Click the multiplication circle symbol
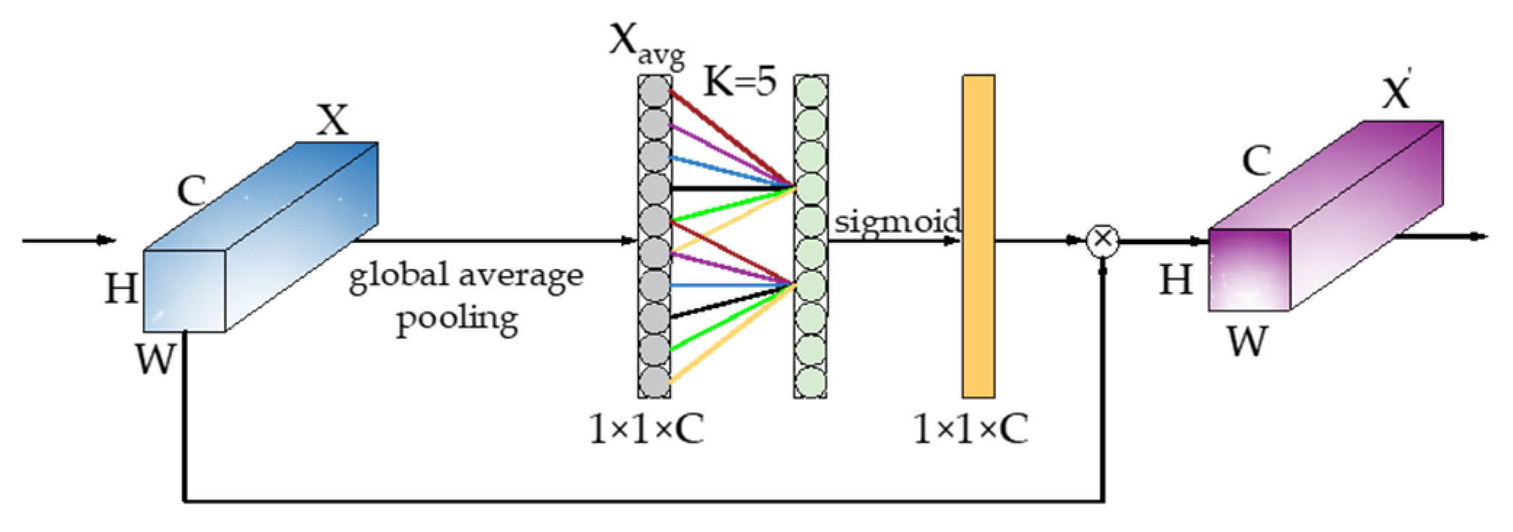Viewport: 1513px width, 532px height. click(x=1102, y=240)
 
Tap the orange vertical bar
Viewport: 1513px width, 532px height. click(x=978, y=236)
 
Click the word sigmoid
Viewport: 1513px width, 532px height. click(x=897, y=220)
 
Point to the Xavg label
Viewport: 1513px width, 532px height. click(x=646, y=45)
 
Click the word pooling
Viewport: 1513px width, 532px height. click(x=457, y=319)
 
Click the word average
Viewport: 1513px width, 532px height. click(x=520, y=275)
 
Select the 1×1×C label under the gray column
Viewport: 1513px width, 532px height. click(x=646, y=429)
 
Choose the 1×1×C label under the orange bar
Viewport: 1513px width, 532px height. click(x=970, y=429)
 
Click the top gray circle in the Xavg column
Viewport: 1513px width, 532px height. click(x=654, y=92)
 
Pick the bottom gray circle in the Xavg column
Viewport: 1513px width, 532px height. click(x=654, y=382)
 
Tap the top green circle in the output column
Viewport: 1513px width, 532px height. click(x=811, y=92)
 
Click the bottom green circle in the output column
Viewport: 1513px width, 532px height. click(x=811, y=382)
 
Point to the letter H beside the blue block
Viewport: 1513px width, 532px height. click(x=121, y=288)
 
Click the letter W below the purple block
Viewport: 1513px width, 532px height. click(x=1248, y=341)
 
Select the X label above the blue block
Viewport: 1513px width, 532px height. click(x=332, y=120)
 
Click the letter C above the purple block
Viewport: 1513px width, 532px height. click(x=1256, y=161)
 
